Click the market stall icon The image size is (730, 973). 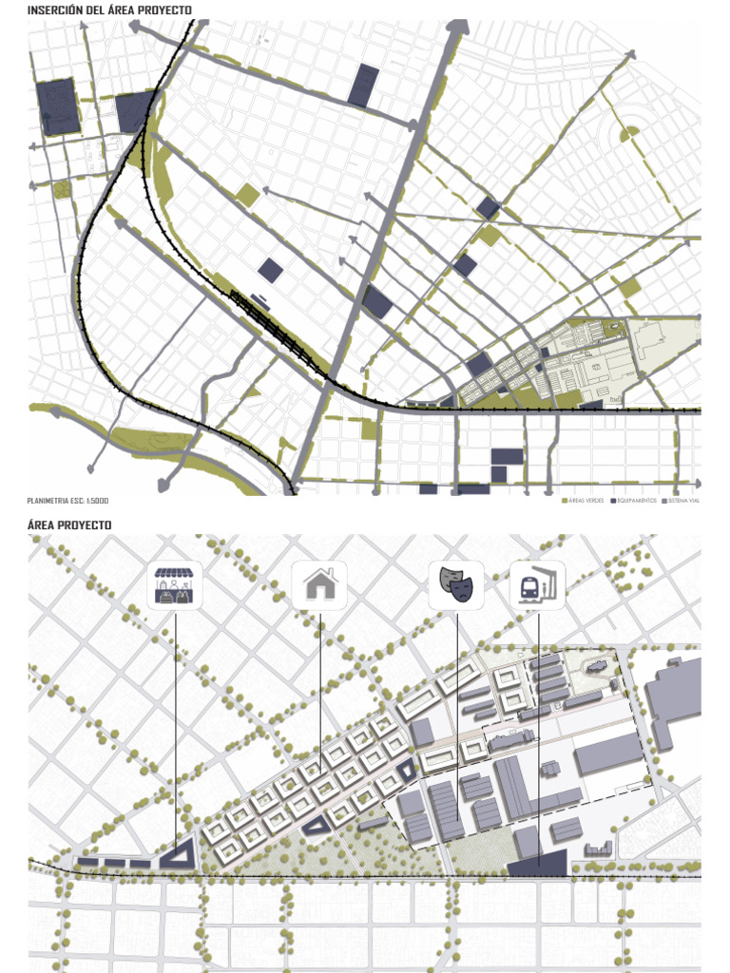tap(177, 585)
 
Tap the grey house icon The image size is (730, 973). tap(320, 585)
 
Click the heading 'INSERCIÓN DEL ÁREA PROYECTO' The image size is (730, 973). tap(109, 10)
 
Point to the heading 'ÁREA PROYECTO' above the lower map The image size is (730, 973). tap(69, 525)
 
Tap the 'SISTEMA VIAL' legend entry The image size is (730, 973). tap(683, 500)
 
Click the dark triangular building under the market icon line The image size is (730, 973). tap(179, 855)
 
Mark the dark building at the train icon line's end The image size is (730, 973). tap(537, 865)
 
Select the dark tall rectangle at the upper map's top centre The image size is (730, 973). tap(363, 86)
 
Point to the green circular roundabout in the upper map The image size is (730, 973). tap(629, 135)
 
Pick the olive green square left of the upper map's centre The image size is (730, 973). tap(247, 196)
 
